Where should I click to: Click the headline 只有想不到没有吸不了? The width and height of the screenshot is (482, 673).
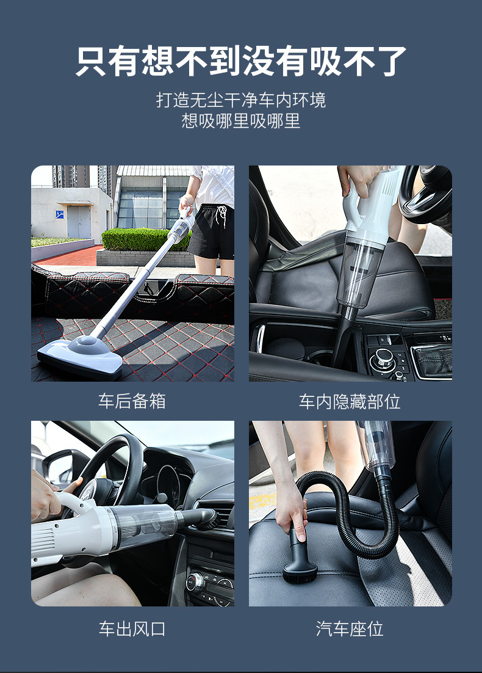tap(241, 61)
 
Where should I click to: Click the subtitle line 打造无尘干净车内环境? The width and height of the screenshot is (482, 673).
tap(241, 100)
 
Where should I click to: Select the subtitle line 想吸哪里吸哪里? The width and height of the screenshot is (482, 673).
tap(241, 120)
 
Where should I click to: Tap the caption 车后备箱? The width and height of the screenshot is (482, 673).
tap(132, 401)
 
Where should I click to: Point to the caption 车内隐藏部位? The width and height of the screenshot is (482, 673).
tap(350, 401)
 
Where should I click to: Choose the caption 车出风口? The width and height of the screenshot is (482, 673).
tap(132, 629)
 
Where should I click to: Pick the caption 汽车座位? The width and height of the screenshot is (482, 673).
tap(350, 629)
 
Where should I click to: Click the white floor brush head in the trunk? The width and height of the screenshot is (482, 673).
tap(81, 356)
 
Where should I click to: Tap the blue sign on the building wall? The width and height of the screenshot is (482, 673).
tap(60, 214)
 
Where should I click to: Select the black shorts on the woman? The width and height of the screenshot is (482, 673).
tap(212, 232)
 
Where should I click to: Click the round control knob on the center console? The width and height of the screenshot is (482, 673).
tap(383, 359)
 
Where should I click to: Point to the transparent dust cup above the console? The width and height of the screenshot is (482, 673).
tap(360, 271)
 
